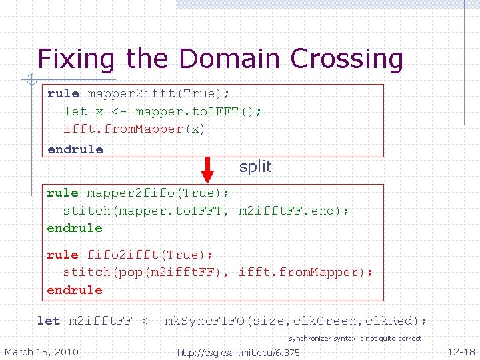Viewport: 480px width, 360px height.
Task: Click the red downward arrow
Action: pos(207,169)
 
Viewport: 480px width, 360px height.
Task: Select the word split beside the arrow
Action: pos(255,167)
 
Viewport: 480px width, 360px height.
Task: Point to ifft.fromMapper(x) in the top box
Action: pos(134,129)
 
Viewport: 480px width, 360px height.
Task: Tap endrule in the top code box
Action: pos(75,149)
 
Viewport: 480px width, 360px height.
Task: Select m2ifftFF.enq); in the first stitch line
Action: pos(293,211)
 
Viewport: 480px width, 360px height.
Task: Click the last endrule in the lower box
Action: pos(75,290)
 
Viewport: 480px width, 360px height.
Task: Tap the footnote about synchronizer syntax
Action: pos(355,339)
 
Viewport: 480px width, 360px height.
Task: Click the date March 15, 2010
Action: pos(41,351)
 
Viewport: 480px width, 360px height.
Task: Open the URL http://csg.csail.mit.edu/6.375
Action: pos(238,352)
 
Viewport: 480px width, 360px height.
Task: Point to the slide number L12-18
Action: pos(458,351)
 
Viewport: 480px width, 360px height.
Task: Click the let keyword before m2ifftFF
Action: pos(49,321)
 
